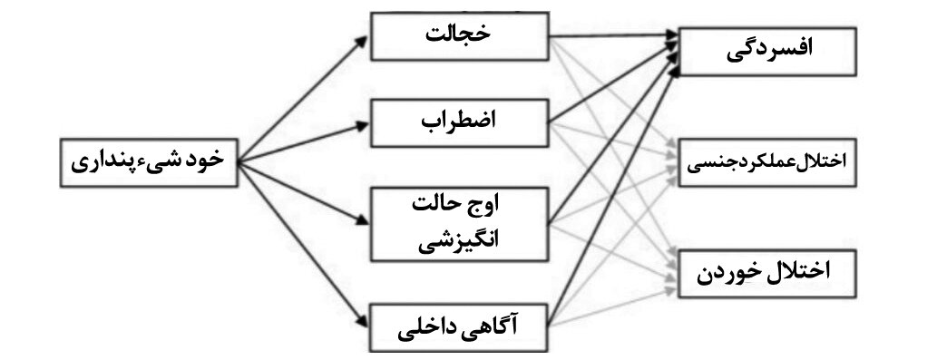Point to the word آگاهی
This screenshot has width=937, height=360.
click(x=496, y=323)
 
